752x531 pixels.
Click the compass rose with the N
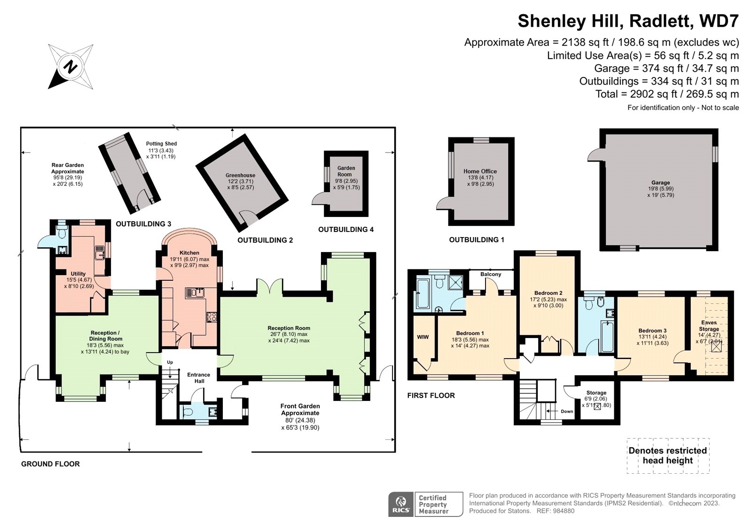click(70, 66)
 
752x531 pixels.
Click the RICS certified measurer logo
click(425, 504)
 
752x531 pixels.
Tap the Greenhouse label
click(240, 175)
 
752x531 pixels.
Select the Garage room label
click(660, 183)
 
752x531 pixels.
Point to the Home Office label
click(480, 171)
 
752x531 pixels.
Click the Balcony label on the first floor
click(491, 274)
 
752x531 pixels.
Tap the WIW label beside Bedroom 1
click(423, 337)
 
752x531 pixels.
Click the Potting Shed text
click(161, 144)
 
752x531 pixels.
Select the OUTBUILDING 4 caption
click(345, 230)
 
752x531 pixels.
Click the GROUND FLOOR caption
click(50, 464)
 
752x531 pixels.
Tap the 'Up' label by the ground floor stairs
click(170, 362)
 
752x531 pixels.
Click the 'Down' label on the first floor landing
click(567, 411)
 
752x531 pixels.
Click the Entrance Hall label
click(198, 378)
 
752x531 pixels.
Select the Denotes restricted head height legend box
click(667, 455)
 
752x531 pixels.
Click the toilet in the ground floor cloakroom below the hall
click(188, 412)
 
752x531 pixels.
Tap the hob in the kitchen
click(211, 317)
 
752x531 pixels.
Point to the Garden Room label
click(346, 171)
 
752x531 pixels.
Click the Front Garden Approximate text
click(300, 409)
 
